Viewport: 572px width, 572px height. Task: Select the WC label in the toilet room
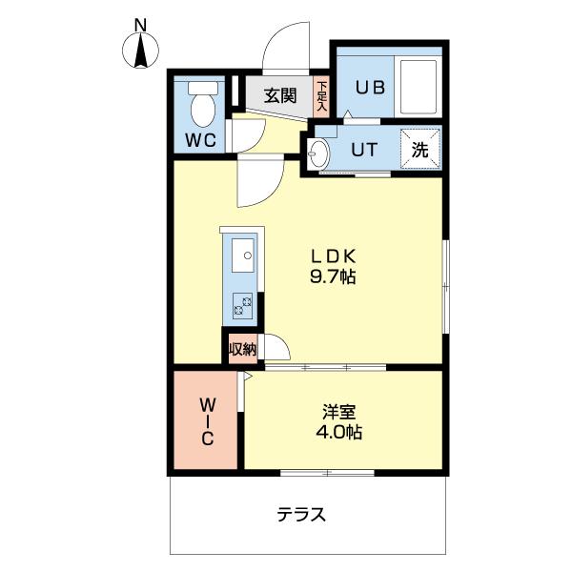tap(201, 140)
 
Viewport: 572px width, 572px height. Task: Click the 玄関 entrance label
tap(279, 95)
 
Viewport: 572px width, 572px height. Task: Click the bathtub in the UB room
tap(419, 86)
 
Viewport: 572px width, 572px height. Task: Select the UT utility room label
tap(362, 149)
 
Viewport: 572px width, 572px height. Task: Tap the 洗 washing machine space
tap(420, 149)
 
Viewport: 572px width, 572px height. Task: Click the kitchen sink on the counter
tap(242, 256)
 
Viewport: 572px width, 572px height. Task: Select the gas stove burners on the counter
tap(241, 306)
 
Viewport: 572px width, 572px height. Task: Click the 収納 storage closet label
tap(242, 349)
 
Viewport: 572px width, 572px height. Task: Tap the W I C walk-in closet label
tap(206, 421)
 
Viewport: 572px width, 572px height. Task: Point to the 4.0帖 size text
tap(340, 433)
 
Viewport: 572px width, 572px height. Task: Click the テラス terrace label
tap(302, 516)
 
